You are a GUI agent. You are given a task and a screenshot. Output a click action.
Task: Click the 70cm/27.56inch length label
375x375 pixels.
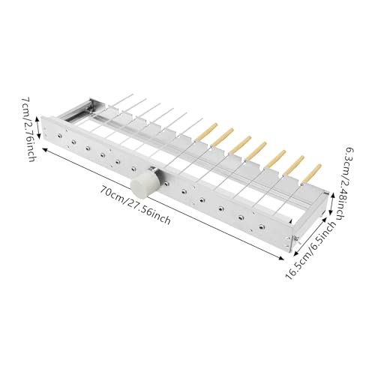136,205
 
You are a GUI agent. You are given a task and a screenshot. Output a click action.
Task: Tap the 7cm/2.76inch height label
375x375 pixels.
28,129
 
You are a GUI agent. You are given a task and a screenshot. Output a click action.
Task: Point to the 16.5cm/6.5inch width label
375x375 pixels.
311,250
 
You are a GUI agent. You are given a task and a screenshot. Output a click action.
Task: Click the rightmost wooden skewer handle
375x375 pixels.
312,173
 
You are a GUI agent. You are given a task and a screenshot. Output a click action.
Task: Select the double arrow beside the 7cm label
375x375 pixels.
37,127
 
